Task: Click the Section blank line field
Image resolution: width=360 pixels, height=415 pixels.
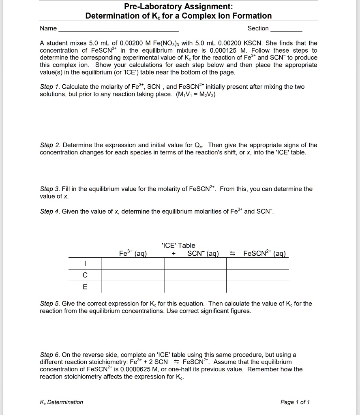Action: pos(286,29)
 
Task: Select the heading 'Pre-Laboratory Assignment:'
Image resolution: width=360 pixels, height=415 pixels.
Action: pos(178,6)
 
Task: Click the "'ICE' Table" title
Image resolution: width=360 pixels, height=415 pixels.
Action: pos(178,245)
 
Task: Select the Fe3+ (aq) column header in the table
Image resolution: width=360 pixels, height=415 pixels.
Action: pos(133,254)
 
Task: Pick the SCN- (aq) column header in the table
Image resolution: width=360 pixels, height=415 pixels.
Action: pos(203,254)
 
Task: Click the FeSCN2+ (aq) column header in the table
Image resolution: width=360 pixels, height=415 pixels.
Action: pos(265,254)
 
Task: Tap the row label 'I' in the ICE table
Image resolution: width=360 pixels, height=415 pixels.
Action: pos(85,264)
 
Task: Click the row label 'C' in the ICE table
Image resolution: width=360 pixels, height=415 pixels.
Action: pos(85,275)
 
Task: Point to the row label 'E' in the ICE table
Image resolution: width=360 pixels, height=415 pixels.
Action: pos(85,287)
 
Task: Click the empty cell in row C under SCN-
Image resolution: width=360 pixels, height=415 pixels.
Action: pos(195,275)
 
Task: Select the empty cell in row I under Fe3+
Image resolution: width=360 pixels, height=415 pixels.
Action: pos(133,264)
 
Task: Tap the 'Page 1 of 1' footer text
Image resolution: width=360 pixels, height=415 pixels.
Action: pos(295,402)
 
